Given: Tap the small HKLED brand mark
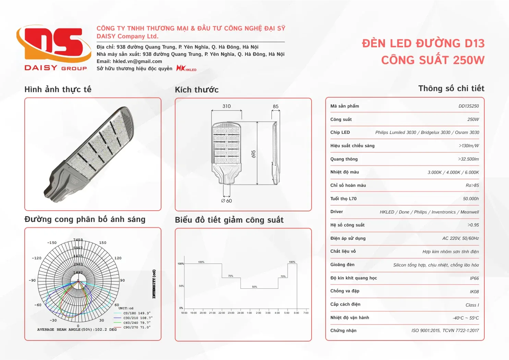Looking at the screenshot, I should click(x=186, y=69).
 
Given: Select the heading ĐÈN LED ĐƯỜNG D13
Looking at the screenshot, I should click(x=423, y=44).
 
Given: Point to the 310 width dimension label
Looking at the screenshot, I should click(x=227, y=106).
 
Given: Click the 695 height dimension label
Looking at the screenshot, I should click(x=254, y=154).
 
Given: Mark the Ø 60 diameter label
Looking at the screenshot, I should click(x=227, y=201).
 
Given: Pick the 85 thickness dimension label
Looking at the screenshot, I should click(x=276, y=107).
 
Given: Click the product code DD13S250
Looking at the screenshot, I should click(x=469, y=106).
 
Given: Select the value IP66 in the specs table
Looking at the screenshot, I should click(x=474, y=278).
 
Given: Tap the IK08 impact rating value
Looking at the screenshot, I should click(x=474, y=292).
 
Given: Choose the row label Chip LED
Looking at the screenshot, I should click(x=340, y=133).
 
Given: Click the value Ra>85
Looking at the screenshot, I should click(x=472, y=185).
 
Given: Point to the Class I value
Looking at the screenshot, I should click(x=472, y=305).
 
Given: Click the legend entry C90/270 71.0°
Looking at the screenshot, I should click(x=137, y=327).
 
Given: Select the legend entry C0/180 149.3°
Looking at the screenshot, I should click(x=137, y=313).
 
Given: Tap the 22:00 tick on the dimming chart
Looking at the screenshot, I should click(x=222, y=313).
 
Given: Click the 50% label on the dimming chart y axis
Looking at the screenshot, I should click(x=181, y=286).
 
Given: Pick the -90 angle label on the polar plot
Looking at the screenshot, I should click(x=32, y=280).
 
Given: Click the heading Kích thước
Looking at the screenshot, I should click(x=196, y=90).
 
